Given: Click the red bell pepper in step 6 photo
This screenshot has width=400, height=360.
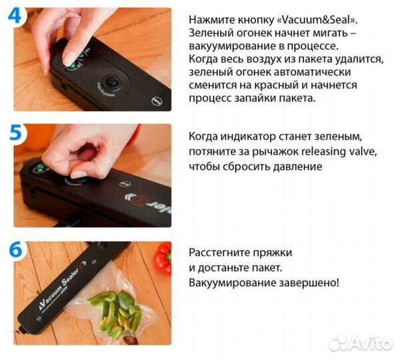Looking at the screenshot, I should click(163, 258).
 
